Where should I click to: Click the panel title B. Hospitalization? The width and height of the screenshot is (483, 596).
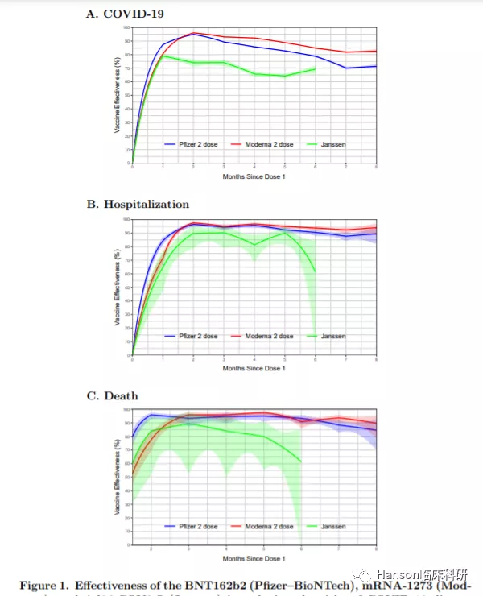click(x=138, y=205)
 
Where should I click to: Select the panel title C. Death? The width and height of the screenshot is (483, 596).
click(x=112, y=395)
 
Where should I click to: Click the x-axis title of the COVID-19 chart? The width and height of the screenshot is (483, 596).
click(x=254, y=176)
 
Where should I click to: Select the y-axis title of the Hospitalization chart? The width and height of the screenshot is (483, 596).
click(x=117, y=287)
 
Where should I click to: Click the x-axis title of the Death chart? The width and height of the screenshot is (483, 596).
click(x=254, y=558)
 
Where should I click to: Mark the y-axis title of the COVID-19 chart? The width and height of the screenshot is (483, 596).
click(x=117, y=95)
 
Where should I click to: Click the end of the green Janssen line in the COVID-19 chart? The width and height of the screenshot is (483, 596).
click(x=315, y=68)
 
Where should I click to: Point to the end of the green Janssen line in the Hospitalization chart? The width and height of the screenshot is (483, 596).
click(x=315, y=271)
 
